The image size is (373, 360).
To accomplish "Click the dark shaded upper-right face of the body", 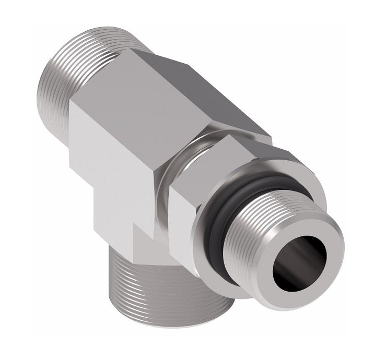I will click(219, 99).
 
